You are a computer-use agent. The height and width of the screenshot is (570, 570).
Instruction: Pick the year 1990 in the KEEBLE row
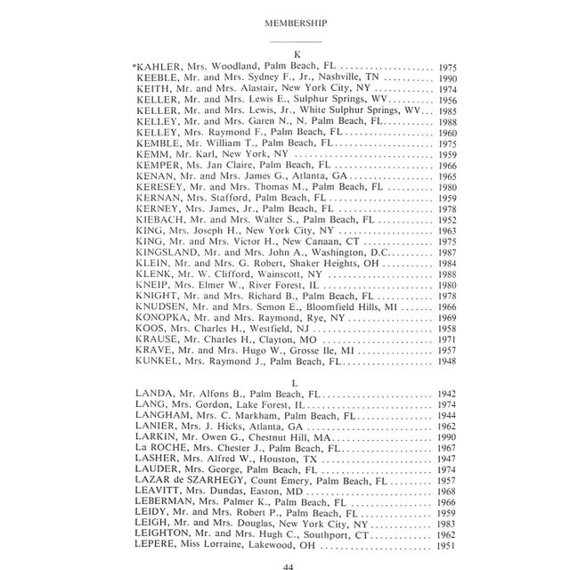point(449,78)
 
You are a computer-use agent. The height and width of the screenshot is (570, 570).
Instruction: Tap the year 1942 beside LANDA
point(449,393)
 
